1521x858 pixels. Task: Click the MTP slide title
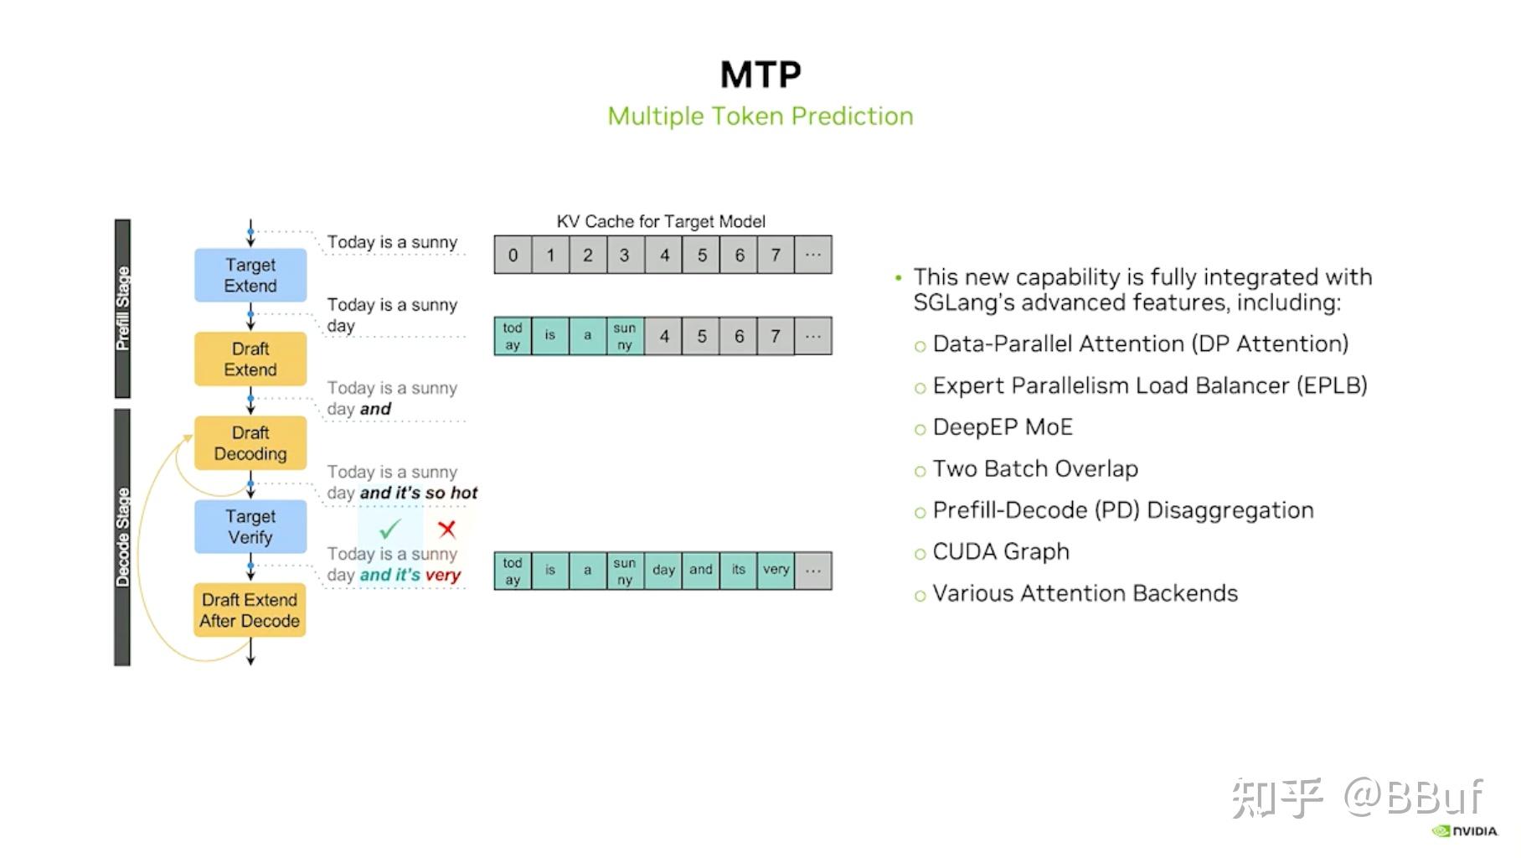pyautogui.click(x=760, y=75)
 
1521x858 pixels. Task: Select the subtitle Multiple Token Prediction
pyautogui.click(x=760, y=116)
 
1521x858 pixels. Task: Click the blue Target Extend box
pyautogui.click(x=250, y=275)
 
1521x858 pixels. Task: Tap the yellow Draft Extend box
pyautogui.click(x=250, y=359)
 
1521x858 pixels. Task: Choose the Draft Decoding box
pyautogui.click(x=250, y=442)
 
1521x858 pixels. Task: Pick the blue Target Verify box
pyautogui.click(x=250, y=526)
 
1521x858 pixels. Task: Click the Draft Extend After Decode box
pyautogui.click(x=250, y=610)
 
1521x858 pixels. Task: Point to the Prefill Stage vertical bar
pyautogui.click(x=122, y=308)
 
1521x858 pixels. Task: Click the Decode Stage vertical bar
pyautogui.click(x=122, y=537)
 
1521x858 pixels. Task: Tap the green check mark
pyautogui.click(x=389, y=530)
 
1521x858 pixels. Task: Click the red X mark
pyautogui.click(x=446, y=529)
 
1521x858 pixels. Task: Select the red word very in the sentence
pyautogui.click(x=443, y=575)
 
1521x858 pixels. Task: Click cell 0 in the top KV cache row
pyautogui.click(x=513, y=255)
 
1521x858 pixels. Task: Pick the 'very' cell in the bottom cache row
pyautogui.click(x=776, y=570)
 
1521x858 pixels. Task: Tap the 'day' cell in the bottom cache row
pyautogui.click(x=663, y=570)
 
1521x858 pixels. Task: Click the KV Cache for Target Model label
pyautogui.click(x=661, y=221)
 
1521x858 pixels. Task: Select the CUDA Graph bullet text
pyautogui.click(x=1001, y=551)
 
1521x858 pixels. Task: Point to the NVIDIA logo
pyautogui.click(x=1465, y=831)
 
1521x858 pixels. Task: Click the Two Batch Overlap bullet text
pyautogui.click(x=1035, y=468)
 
